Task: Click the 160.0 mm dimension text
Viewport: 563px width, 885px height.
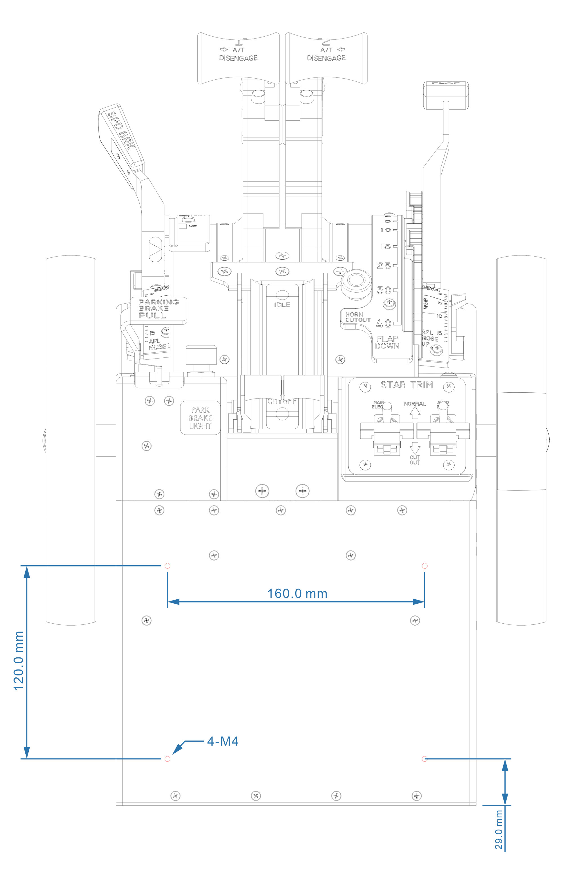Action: (x=297, y=593)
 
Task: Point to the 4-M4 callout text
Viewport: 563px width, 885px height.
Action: (x=223, y=741)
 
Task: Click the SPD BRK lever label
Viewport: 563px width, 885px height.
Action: (x=120, y=130)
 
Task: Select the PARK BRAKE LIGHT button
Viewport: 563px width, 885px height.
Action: (x=200, y=418)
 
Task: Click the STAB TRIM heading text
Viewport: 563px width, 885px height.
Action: (x=406, y=385)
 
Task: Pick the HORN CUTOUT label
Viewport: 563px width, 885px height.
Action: (x=358, y=317)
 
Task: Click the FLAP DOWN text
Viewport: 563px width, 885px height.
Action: (x=387, y=342)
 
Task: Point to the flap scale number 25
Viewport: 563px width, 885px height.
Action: (x=384, y=265)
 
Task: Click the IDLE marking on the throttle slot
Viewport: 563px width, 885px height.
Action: (x=282, y=305)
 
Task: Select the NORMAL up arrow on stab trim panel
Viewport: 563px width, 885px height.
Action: (x=415, y=413)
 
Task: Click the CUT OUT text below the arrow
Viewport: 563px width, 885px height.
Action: (x=415, y=460)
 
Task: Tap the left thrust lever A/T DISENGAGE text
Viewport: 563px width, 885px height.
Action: (x=238, y=54)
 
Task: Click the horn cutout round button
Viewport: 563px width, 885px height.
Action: (x=355, y=281)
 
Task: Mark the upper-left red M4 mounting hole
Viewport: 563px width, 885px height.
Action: (x=167, y=566)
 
